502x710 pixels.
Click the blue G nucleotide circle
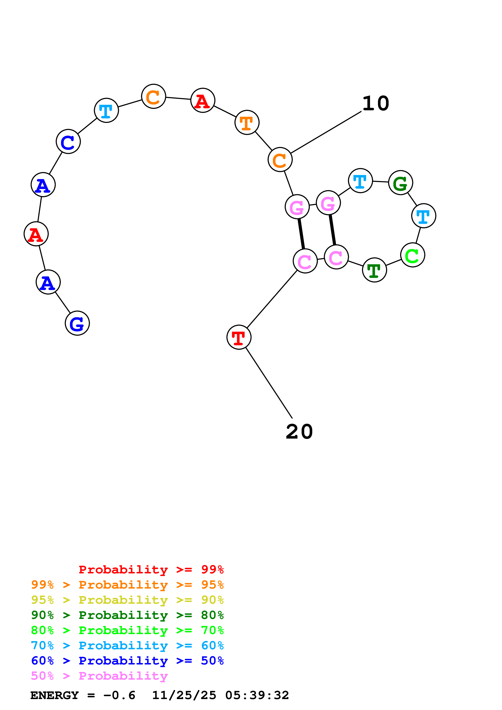coord(77,323)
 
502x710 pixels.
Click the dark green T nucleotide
coord(374,270)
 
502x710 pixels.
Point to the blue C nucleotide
coord(68,142)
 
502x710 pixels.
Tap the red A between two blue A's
coord(36,234)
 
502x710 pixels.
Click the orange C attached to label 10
coord(280,159)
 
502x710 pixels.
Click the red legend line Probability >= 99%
coord(151,570)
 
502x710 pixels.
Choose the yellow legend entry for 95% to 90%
coord(127,600)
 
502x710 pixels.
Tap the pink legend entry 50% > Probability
coord(99,676)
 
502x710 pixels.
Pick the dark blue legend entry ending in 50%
coord(127,661)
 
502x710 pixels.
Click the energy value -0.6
coord(119,695)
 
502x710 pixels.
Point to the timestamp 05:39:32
coord(257,695)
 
